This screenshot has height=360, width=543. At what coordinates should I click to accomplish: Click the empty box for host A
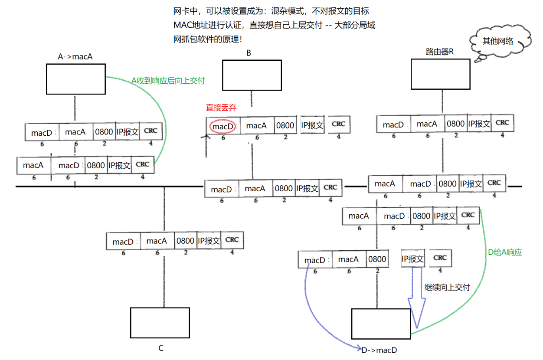coord(75,79)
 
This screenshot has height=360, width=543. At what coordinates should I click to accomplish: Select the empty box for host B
coord(252,75)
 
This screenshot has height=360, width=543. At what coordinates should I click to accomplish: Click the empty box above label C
coord(160,323)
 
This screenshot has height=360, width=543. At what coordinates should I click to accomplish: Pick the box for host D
coord(381,324)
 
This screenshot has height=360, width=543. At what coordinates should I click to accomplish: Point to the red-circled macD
coord(223,126)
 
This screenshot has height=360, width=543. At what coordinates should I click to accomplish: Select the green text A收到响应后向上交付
coord(168,81)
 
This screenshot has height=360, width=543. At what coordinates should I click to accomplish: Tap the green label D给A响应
coord(505,252)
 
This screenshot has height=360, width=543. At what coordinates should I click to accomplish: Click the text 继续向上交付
coord(447,288)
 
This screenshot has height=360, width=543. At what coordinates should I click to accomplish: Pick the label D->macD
coord(379,350)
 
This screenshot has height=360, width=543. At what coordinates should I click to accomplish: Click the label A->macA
coord(75,56)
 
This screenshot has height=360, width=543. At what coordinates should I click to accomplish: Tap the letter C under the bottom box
coord(160,348)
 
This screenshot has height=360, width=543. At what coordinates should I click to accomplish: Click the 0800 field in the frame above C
coord(185,241)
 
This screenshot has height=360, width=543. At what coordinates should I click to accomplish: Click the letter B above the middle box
coord(249,53)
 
